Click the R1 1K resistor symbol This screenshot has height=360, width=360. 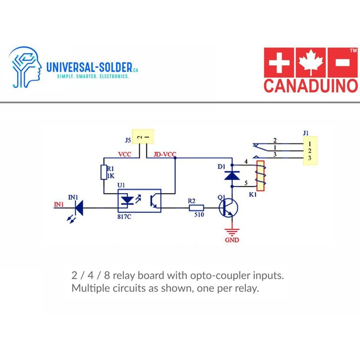tap(104, 172)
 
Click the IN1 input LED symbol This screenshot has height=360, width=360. tap(79, 207)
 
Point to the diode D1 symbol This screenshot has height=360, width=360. tap(232, 175)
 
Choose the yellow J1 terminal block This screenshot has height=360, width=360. tap(309, 151)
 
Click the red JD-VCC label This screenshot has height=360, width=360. tap(164, 154)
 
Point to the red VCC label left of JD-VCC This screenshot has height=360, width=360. tap(125, 154)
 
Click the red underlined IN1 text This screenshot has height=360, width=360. tap(58, 205)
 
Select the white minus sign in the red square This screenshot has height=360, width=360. tap(342, 63)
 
